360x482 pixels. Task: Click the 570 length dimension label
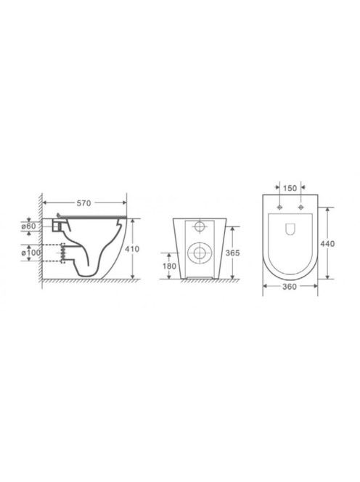point(83,203)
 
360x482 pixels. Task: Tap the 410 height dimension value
point(132,249)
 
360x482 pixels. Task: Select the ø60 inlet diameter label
point(28,226)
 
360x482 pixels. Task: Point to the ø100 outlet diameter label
point(30,253)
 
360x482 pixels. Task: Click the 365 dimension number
point(232,253)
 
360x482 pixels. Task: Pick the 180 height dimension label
point(169,266)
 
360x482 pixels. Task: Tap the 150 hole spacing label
point(290,188)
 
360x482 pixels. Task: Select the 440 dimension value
point(327,244)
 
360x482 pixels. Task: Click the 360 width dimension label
point(290,287)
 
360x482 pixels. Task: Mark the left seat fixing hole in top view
point(279,207)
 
